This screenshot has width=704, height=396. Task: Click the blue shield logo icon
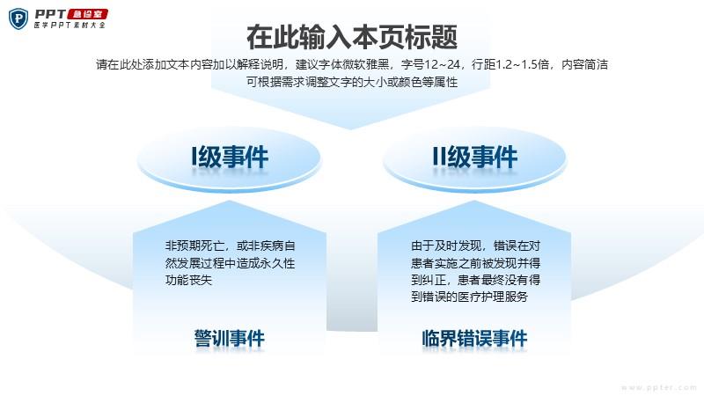click(x=18, y=18)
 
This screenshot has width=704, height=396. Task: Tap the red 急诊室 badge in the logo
click(x=87, y=14)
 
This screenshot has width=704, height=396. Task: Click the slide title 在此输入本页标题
click(x=352, y=37)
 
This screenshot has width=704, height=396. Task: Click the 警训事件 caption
click(x=230, y=338)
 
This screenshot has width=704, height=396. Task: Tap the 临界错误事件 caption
click(x=474, y=338)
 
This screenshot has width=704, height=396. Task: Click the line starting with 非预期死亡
click(x=230, y=246)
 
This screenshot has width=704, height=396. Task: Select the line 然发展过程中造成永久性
click(x=230, y=263)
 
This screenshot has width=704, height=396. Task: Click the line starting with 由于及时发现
click(x=475, y=246)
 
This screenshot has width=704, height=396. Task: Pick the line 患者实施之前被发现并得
click(x=475, y=263)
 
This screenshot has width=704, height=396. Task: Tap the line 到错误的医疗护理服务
click(x=470, y=297)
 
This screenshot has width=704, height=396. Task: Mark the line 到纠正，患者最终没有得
click(x=475, y=280)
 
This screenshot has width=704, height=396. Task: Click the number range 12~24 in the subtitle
click(x=443, y=64)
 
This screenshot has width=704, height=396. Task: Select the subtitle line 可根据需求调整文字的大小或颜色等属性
click(x=352, y=82)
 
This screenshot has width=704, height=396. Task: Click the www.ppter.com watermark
click(x=658, y=387)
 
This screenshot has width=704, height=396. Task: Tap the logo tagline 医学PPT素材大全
click(x=70, y=26)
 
